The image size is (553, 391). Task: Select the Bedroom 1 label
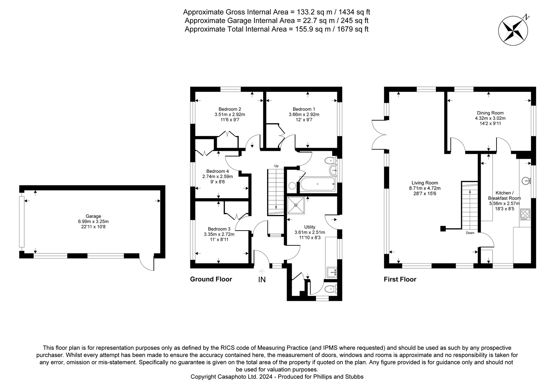point(304,109)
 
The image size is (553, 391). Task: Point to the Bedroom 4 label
point(218,171)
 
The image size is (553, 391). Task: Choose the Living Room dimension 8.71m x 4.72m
point(425,188)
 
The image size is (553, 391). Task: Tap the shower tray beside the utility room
point(296,205)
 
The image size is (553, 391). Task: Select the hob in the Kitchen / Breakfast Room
point(525,214)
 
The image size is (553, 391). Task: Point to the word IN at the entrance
point(262,279)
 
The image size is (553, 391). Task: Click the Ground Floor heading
point(211,279)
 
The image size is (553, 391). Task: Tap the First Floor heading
point(400,279)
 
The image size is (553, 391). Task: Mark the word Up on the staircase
point(276,166)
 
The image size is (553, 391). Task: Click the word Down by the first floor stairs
point(470,233)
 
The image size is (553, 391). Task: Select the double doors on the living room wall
point(379,134)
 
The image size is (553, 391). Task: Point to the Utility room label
point(309,227)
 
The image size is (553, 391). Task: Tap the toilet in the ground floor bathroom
point(330,161)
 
